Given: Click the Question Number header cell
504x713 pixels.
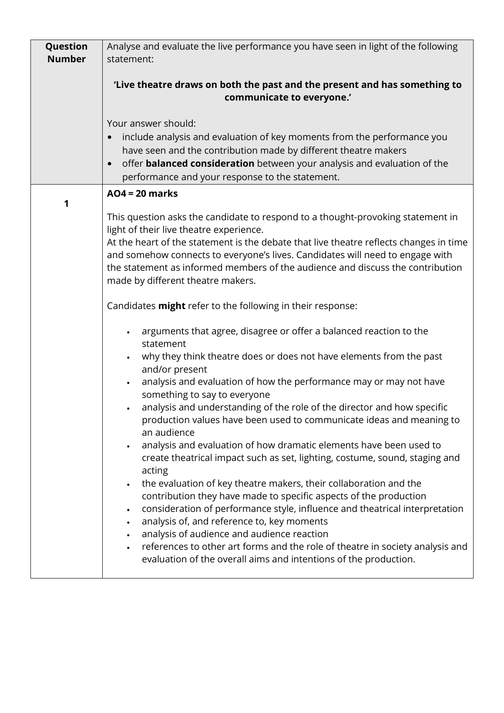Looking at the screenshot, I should click(x=66, y=53).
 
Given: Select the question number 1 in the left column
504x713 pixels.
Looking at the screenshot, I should click(x=66, y=203).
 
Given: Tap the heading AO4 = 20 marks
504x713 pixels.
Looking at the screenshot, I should click(x=142, y=194).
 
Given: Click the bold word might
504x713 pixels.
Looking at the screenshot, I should click(x=171, y=306).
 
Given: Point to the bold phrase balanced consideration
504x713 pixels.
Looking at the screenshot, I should click(x=200, y=164).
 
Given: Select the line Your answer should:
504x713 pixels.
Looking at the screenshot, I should click(x=151, y=124).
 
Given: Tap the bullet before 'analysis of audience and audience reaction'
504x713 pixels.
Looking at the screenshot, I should click(x=128, y=535).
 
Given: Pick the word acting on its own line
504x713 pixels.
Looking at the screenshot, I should click(x=155, y=471).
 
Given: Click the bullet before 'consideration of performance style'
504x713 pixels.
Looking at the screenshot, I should click(x=128, y=509).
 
